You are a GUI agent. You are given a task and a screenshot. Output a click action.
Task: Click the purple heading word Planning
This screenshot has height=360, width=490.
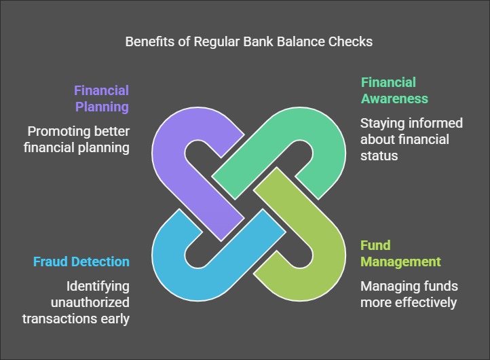[x=102, y=107]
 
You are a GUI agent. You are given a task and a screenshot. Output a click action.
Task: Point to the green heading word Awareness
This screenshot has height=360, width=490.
[x=394, y=99]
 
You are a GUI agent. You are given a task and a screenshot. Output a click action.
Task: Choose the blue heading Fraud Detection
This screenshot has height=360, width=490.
[x=81, y=262]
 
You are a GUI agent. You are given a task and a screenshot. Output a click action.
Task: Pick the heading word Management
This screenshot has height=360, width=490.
[x=400, y=262]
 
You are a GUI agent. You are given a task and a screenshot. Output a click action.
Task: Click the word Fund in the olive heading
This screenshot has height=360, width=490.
[x=375, y=245]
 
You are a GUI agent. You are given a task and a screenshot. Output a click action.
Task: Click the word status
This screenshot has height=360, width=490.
[x=379, y=156]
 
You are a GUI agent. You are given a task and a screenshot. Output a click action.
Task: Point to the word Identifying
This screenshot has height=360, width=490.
[x=98, y=287]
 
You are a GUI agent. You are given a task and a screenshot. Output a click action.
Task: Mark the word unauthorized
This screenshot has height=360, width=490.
[x=90, y=303]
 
